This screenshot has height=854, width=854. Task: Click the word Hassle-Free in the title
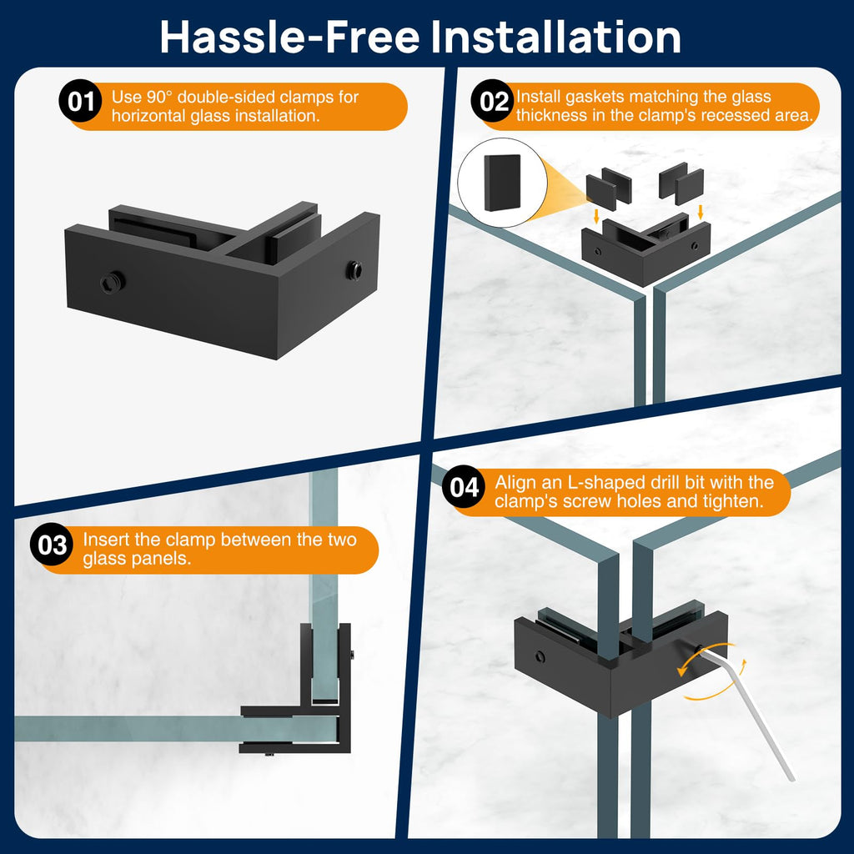(289, 37)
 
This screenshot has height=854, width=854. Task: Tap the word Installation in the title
(555, 37)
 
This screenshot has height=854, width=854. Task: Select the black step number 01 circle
(80, 101)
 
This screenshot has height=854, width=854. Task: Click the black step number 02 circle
(494, 101)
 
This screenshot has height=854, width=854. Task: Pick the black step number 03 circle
(52, 545)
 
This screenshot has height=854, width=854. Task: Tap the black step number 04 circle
(464, 487)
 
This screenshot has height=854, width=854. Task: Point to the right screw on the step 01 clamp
(354, 269)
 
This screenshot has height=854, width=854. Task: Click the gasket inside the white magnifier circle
(502, 183)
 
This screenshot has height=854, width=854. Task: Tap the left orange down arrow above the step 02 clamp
(596, 216)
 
